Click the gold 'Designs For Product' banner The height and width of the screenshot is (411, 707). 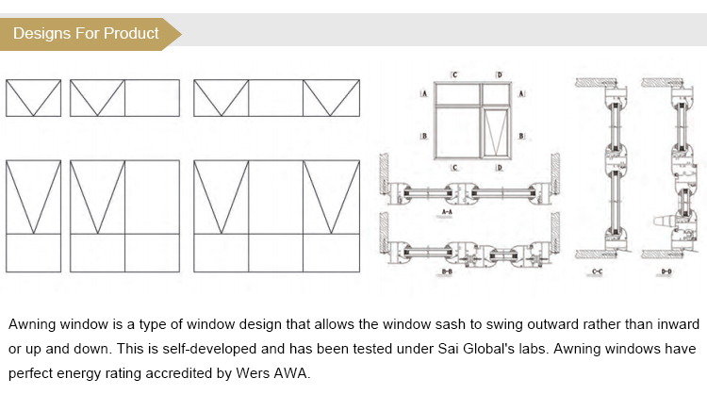90,34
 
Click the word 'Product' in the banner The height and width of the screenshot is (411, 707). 131,34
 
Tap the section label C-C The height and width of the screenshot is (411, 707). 597,272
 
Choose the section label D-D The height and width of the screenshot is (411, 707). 666,272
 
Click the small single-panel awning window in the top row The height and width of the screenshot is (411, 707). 33,98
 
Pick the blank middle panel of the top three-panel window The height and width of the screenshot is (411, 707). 275,98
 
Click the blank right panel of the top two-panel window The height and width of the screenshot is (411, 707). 152,98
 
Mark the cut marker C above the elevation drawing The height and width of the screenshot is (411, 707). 454,74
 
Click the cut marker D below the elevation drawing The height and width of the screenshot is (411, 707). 499,168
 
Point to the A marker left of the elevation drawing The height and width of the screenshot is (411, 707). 425,95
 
